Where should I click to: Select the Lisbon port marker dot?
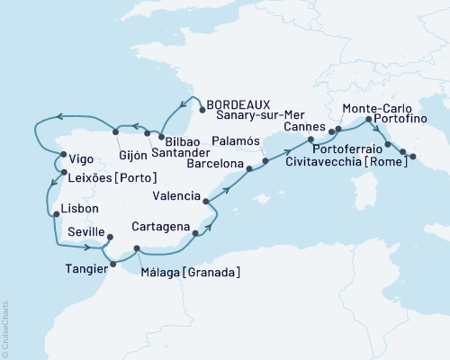[x=56, y=214]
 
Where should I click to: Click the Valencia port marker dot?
[x=207, y=202]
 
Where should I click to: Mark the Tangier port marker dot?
[x=112, y=264]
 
